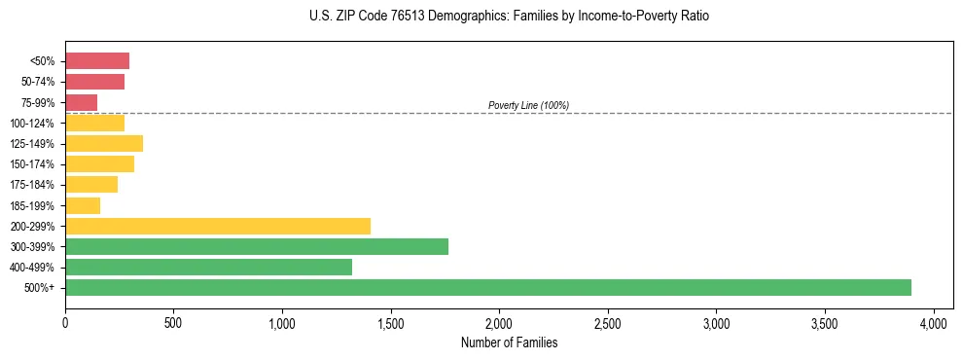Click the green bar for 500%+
tap(488, 287)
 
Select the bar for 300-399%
tap(257, 246)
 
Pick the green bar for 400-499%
tap(208, 267)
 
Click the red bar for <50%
tap(97, 61)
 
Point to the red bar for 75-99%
tap(82, 102)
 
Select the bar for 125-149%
tap(104, 143)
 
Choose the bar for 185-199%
tap(83, 205)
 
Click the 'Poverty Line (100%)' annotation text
tap(528, 105)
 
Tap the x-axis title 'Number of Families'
tap(509, 342)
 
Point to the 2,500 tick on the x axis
tap(607, 321)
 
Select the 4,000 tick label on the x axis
tap(933, 321)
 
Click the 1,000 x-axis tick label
tap(282, 321)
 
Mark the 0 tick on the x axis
tap(65, 321)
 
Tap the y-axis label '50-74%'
tap(38, 82)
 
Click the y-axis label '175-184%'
tap(33, 185)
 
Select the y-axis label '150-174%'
tap(33, 164)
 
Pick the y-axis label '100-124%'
tap(33, 123)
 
